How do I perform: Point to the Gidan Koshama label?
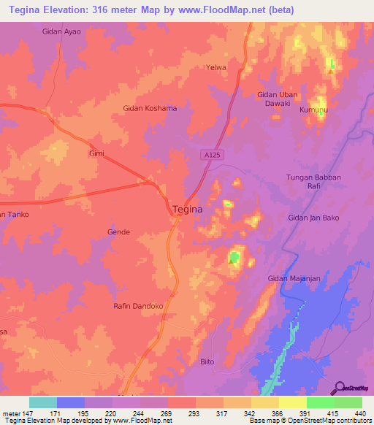[x=150, y=108]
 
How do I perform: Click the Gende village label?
[x=118, y=232]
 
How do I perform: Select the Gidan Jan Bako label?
[x=316, y=218]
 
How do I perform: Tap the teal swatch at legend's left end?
[x=43, y=402]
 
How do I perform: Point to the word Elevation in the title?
[x=72, y=11]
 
